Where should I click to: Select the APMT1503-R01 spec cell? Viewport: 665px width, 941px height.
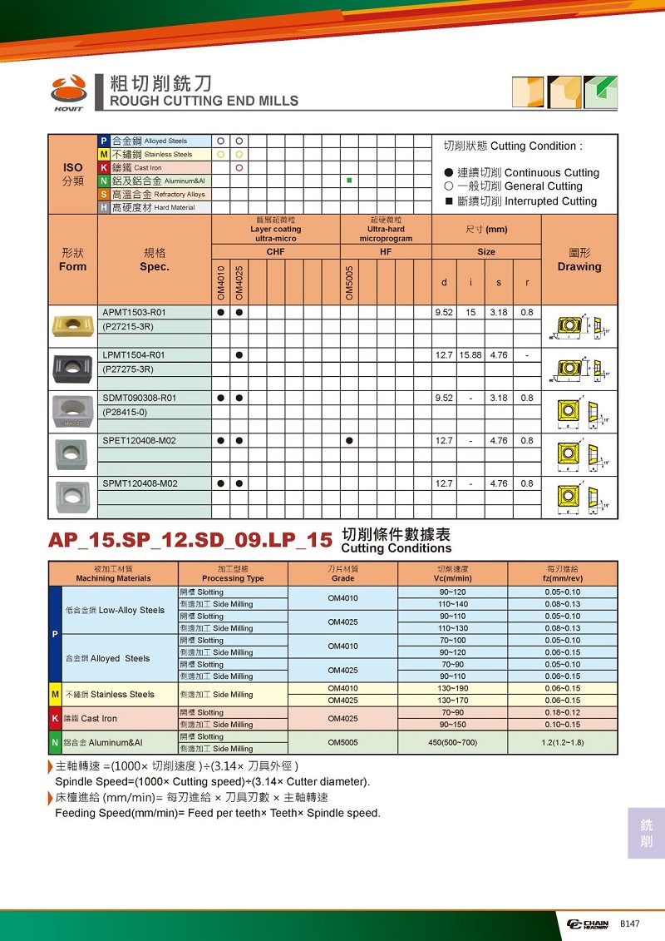click(134, 313)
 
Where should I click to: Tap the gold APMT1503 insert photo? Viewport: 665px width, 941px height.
click(72, 324)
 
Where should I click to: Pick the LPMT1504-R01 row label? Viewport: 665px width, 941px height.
click(134, 355)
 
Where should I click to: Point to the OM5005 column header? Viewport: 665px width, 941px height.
click(350, 283)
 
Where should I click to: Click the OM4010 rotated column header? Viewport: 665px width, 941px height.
click(221, 283)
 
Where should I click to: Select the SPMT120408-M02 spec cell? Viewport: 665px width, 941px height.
click(139, 483)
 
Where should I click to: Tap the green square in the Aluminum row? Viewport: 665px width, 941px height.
click(350, 181)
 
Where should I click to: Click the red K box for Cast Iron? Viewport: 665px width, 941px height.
click(104, 167)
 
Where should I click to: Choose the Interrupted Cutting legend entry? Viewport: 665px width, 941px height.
click(521, 201)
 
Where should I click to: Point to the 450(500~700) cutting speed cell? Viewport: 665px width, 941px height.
click(452, 742)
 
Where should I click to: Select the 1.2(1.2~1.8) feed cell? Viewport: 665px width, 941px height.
click(563, 742)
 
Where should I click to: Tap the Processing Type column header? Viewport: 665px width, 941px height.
click(234, 574)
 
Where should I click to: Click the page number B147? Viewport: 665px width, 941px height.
click(629, 924)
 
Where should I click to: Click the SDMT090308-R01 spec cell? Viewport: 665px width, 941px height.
click(139, 399)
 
